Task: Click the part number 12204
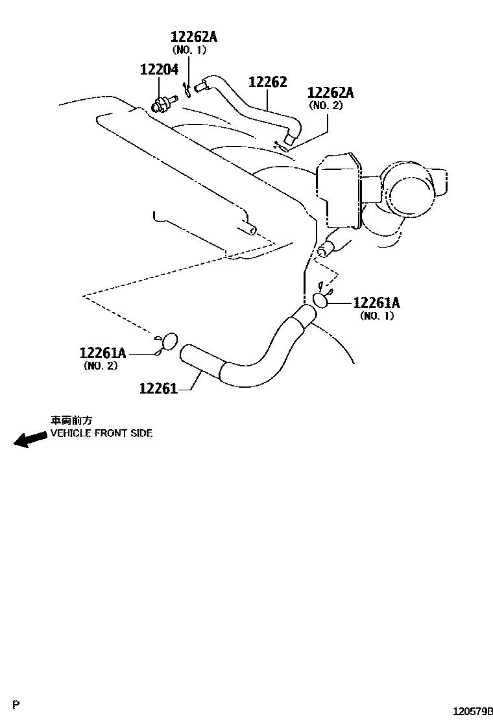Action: tap(159, 69)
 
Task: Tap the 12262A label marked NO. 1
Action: tap(194, 37)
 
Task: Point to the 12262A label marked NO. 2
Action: tap(330, 92)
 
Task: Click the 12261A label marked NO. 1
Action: tap(376, 303)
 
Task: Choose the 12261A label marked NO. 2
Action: tap(102, 353)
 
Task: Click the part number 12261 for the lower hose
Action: tap(158, 388)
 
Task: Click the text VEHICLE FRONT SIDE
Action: tap(102, 433)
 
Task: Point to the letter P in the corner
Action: tap(17, 704)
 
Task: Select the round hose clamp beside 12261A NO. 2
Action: tap(168, 340)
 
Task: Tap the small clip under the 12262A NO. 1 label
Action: tap(187, 88)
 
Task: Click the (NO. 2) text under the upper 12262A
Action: tap(325, 105)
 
